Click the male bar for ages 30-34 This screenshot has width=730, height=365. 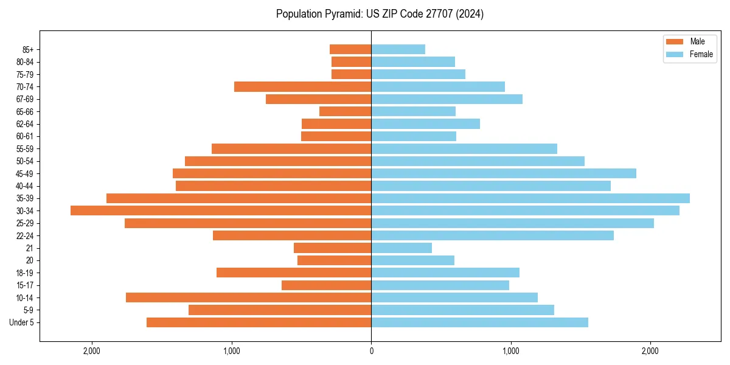pyautogui.click(x=221, y=210)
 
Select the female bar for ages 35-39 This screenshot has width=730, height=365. pyautogui.click(x=530, y=198)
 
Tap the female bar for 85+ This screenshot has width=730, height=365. pyautogui.click(x=398, y=49)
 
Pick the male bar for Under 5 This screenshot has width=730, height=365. pyautogui.click(x=259, y=322)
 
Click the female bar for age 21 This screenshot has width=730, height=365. pyautogui.click(x=401, y=248)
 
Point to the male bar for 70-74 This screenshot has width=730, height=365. pyautogui.click(x=302, y=87)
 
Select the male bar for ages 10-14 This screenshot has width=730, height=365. pyautogui.click(x=248, y=297)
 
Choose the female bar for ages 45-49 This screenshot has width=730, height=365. pyautogui.click(x=504, y=173)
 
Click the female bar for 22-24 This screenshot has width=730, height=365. pyautogui.click(x=492, y=235)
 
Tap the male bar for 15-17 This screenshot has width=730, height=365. pyautogui.click(x=326, y=285)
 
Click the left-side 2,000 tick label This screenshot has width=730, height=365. pyautogui.click(x=92, y=351)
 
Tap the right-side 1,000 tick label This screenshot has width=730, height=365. pyautogui.click(x=511, y=351)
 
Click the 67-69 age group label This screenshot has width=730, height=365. pyautogui.click(x=25, y=99)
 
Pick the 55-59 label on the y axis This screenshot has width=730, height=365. pyautogui.click(x=25, y=149)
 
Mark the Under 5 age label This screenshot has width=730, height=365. pyautogui.click(x=22, y=322)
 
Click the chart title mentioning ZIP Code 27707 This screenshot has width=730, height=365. pyautogui.click(x=380, y=14)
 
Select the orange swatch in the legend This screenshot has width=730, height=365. pyautogui.click(x=675, y=41)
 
